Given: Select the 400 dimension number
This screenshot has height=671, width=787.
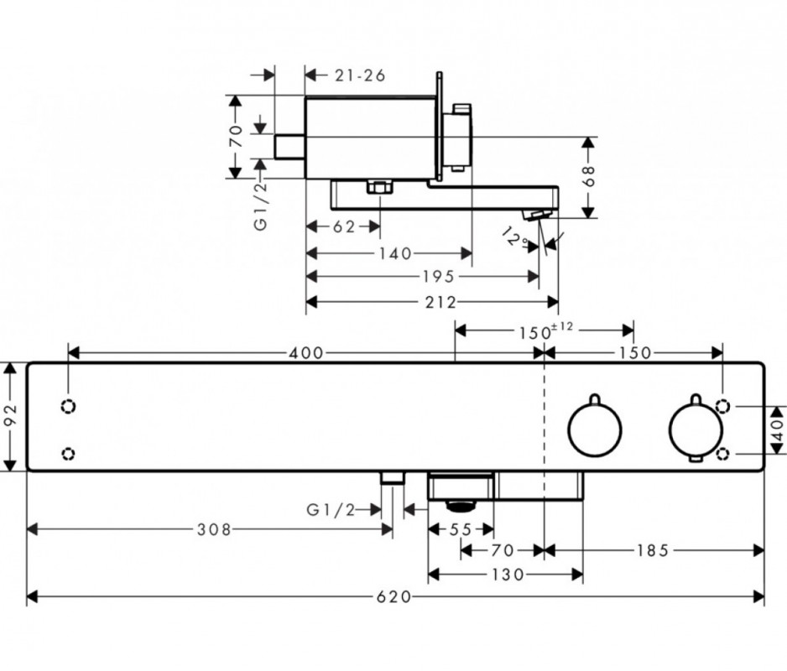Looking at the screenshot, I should (x=307, y=353).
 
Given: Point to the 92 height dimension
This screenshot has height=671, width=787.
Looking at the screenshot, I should (x=10, y=418).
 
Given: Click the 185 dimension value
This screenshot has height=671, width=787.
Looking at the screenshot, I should (x=653, y=550).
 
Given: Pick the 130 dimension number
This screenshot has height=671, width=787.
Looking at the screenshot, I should (x=508, y=575).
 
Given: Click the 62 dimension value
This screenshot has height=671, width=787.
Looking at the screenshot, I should (x=345, y=226).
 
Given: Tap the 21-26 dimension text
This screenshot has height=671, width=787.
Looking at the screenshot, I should (x=360, y=75).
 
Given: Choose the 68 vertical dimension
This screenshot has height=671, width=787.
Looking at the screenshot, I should (x=588, y=175).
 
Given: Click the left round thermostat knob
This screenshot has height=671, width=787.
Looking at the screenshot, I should (x=595, y=430).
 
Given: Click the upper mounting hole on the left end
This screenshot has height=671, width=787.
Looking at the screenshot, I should (x=69, y=407).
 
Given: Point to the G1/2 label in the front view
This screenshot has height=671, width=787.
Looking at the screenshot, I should (x=331, y=509).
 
